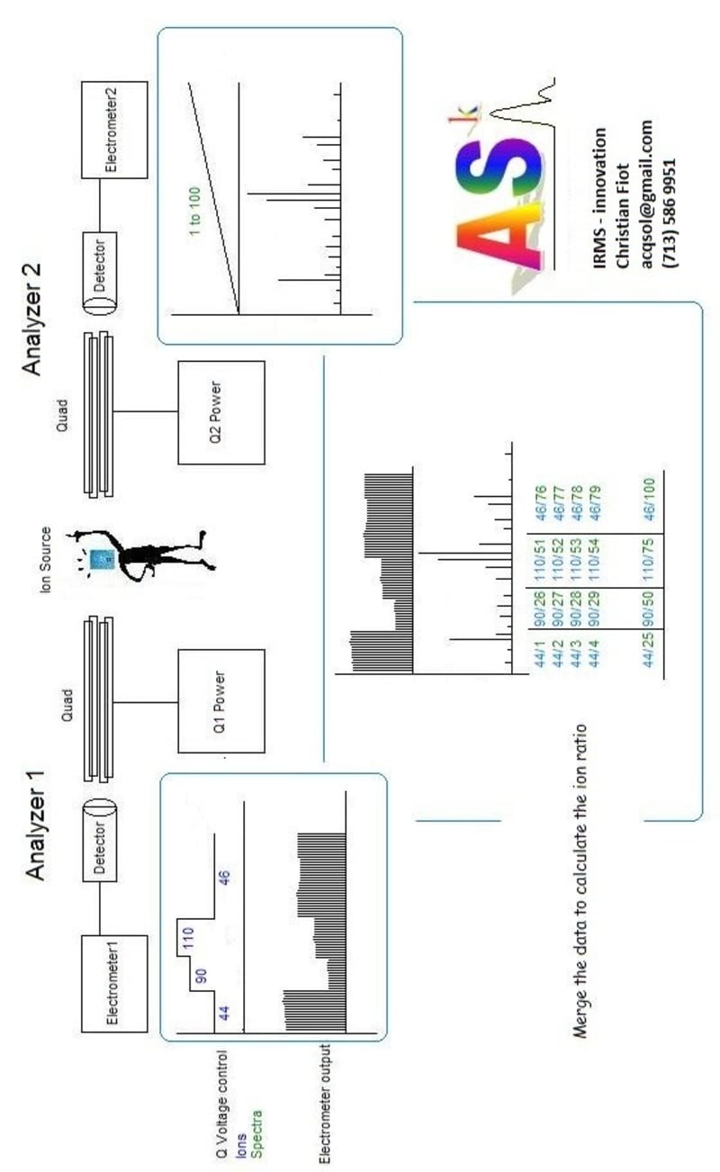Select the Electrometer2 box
[112, 128]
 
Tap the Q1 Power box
[221, 700]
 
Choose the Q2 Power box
[221, 410]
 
